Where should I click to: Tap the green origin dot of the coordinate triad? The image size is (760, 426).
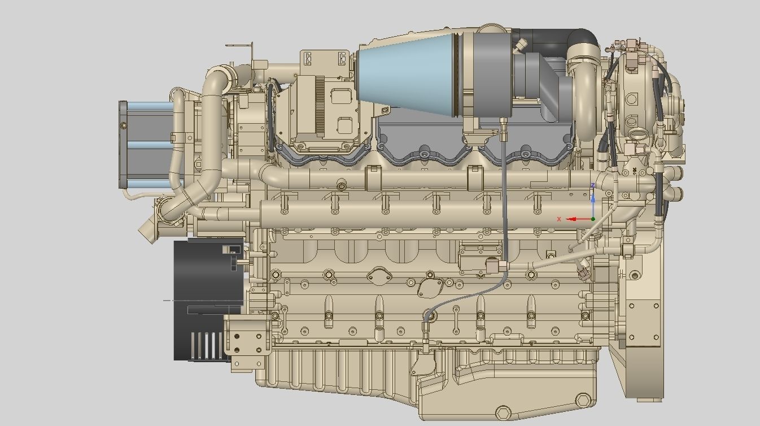point(593,219)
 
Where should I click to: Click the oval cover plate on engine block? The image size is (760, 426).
point(379,276)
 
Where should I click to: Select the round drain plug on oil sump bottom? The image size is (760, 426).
point(502,412)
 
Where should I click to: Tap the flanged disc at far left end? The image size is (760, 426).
point(123,144)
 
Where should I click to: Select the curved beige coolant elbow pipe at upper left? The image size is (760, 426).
point(213,113)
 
